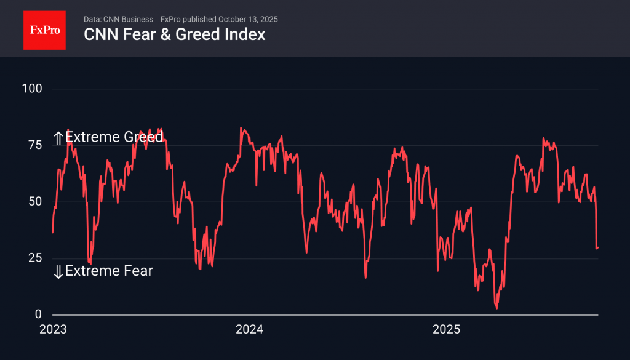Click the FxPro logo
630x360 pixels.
[x=44, y=30]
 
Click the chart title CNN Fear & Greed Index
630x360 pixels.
[x=175, y=34]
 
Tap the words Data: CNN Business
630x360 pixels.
[x=118, y=19]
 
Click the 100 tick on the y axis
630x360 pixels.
[x=31, y=89]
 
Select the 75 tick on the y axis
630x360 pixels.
[x=34, y=145]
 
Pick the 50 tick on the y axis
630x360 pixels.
[x=34, y=201]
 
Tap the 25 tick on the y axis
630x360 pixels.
[x=34, y=258]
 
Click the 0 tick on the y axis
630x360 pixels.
[x=38, y=314]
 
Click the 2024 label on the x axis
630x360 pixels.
[x=249, y=330]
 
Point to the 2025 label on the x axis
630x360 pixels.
[x=446, y=330]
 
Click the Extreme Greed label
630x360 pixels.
[x=114, y=137]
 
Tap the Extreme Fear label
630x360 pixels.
[x=109, y=271]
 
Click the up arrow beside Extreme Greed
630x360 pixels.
[x=58, y=137]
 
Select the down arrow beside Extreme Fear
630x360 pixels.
[x=58, y=271]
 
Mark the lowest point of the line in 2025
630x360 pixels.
[x=496, y=308]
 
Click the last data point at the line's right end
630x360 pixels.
[x=598, y=247]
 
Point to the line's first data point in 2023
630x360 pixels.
[x=52, y=233]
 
